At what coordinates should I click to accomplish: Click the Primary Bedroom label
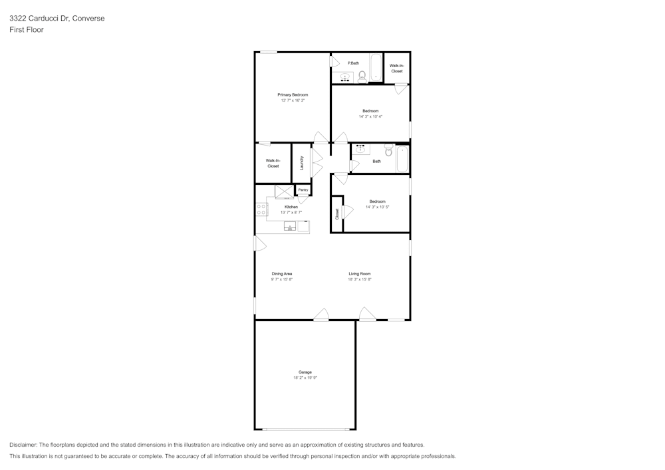[293, 95]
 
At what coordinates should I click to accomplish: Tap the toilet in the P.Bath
[362, 77]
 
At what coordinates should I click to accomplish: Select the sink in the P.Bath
[345, 78]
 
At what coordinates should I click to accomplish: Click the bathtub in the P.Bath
[376, 68]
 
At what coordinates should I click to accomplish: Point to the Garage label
[305, 372]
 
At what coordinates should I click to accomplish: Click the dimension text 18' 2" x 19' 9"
[305, 378]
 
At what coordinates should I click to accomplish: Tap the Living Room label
[360, 274]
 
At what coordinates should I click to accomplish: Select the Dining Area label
[282, 274]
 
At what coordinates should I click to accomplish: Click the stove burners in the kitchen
[261, 209]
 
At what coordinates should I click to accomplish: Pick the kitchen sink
[290, 227]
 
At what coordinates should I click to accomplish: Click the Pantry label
[303, 190]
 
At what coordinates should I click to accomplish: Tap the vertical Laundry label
[302, 163]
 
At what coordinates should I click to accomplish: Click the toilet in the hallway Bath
[389, 150]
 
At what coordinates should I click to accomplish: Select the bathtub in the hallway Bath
[402, 159]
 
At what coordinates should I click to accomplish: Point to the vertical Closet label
[337, 214]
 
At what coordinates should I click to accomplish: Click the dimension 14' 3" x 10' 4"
[370, 116]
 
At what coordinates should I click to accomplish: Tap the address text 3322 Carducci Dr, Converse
[57, 19]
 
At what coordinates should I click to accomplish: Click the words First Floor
[27, 30]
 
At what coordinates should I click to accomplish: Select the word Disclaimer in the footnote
[23, 445]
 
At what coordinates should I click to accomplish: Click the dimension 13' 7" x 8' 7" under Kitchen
[291, 212]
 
